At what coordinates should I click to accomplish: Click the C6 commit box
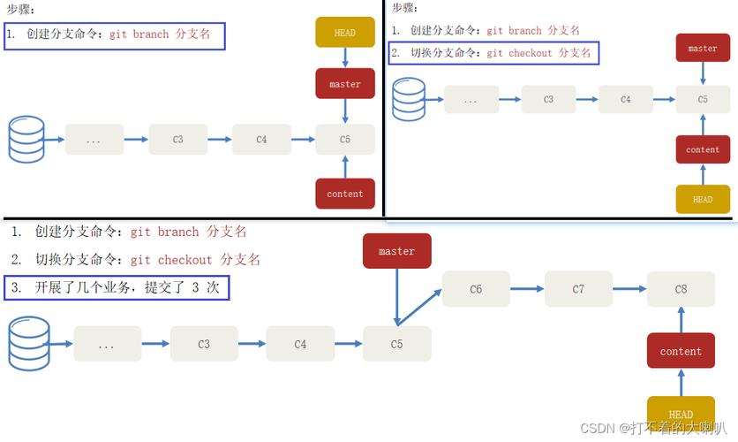point(476,289)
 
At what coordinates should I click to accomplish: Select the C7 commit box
point(578,289)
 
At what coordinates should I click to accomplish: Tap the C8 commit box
point(681,289)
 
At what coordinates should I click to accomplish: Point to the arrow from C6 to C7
point(527,289)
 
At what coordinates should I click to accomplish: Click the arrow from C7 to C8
point(629,289)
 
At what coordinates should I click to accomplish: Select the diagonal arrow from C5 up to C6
point(420,306)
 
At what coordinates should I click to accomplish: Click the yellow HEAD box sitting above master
point(345,33)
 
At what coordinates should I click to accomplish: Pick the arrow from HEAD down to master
point(345,57)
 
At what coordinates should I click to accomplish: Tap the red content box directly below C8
point(681,351)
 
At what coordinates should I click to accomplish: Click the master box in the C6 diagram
point(396,251)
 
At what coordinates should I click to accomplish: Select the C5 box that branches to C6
point(396,344)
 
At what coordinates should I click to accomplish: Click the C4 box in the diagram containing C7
point(300,344)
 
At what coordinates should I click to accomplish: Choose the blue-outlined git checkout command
point(493,53)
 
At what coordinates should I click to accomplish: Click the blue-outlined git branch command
point(115,35)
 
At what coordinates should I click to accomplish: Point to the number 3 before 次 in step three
point(195,288)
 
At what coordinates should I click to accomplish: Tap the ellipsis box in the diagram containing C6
point(107,344)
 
